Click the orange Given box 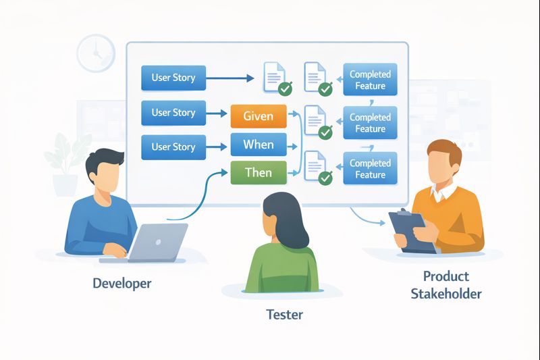point(259,115)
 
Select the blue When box point(259,145)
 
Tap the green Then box point(259,173)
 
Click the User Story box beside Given point(173,113)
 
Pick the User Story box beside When point(173,147)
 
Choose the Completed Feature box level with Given point(370,123)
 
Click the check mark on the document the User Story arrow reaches point(286,88)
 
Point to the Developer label point(122,283)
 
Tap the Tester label point(284,314)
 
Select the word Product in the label point(446,276)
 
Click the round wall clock point(96,53)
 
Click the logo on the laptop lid point(159,240)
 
